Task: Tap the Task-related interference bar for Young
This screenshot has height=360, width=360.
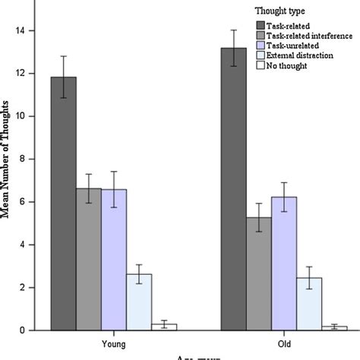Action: [89, 259]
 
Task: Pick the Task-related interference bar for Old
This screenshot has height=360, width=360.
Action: [259, 273]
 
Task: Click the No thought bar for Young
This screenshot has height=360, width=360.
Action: [164, 327]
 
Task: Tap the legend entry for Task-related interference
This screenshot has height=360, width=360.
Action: [308, 35]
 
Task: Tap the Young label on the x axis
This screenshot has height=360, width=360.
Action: [114, 343]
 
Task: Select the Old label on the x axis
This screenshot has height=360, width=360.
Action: [284, 343]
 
